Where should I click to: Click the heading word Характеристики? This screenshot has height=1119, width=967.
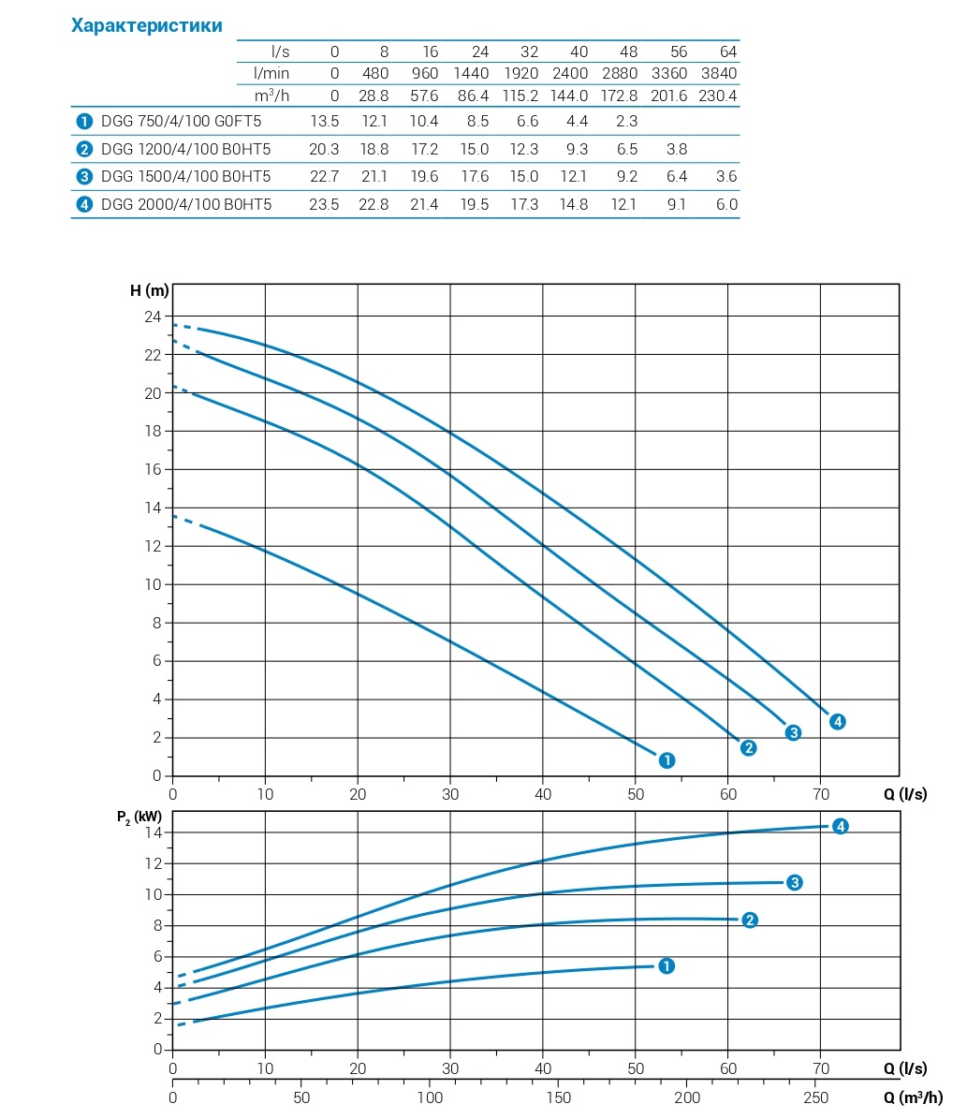(147, 25)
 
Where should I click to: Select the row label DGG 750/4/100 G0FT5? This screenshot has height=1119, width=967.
(181, 121)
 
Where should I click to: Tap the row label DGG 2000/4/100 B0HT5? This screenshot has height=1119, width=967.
(186, 204)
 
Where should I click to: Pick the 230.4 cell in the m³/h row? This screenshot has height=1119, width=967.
(718, 96)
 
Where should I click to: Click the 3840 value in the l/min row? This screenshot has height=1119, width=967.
(718, 73)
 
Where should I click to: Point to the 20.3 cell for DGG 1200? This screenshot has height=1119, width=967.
(324, 149)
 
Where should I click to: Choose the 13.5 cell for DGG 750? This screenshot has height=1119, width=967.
(324, 121)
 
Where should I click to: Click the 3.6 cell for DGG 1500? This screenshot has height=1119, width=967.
(725, 176)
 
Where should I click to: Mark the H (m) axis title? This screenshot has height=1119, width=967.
(149, 289)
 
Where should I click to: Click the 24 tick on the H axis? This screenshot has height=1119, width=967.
(153, 316)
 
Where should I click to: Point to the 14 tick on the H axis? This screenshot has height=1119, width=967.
(153, 508)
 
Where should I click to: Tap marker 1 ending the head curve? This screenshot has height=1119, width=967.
(667, 760)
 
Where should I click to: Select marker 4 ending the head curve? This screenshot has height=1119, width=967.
(837, 721)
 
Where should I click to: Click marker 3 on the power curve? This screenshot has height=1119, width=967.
(794, 882)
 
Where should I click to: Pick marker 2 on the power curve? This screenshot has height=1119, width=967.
(749, 920)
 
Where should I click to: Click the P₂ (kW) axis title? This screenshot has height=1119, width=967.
(139, 817)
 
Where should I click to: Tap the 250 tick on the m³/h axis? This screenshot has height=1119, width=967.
(816, 1097)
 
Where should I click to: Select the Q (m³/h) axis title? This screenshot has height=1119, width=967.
(913, 1097)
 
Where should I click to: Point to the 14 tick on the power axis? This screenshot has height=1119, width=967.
(154, 832)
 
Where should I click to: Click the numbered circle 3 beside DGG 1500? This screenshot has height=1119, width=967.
(85, 177)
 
